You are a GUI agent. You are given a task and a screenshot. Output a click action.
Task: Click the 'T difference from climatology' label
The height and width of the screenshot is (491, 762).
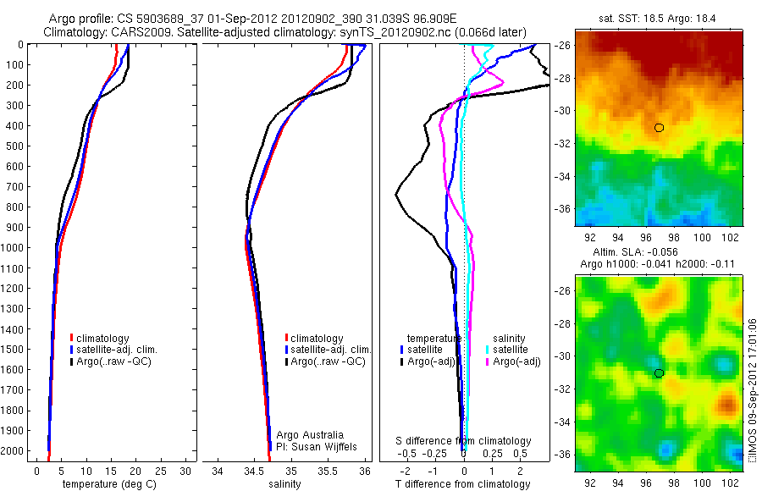463,484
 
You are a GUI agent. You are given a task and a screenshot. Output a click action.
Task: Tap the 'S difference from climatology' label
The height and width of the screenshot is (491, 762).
464,441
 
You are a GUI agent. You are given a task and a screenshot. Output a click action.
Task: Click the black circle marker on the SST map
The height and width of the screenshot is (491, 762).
659,128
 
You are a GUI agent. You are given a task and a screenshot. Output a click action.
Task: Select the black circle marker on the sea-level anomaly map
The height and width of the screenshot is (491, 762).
659,373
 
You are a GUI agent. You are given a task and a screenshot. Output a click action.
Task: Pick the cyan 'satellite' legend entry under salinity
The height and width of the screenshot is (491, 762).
511,350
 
